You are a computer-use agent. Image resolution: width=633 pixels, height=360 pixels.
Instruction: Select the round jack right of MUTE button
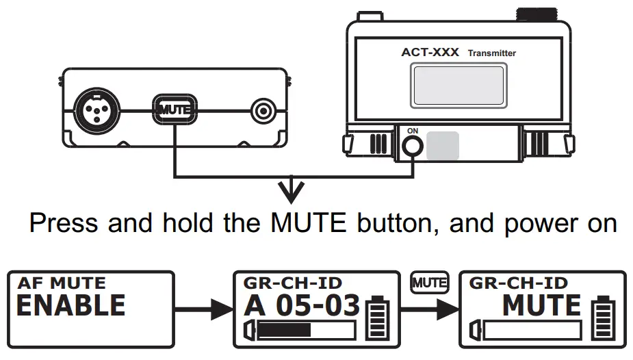263,110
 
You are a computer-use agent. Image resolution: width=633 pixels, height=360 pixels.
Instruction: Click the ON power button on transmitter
412,145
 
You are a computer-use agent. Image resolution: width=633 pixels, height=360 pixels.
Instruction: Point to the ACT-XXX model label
430,52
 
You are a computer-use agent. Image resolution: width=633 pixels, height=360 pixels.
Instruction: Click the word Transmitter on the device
492,53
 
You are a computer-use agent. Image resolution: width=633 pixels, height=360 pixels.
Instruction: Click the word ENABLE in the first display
70,305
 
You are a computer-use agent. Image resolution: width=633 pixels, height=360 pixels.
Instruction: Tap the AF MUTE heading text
62,283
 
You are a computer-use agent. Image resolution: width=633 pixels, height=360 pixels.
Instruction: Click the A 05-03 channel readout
301,305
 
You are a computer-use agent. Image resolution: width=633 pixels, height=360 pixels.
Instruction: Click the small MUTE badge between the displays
429,281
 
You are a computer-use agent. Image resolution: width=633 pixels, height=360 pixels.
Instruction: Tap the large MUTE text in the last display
541,305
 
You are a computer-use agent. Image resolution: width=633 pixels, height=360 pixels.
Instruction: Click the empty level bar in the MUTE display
526,331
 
